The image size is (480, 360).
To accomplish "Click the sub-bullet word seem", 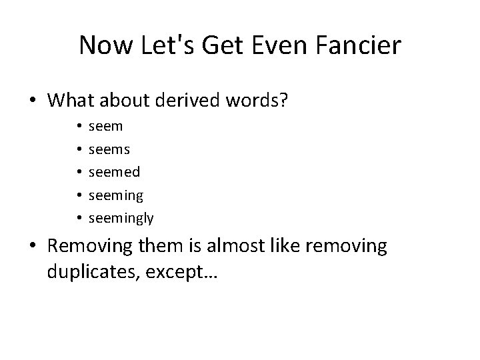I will coord(105,126).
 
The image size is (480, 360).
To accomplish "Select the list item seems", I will coord(108,149).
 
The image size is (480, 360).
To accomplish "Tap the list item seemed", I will coord(114,172).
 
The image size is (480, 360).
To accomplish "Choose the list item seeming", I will coord(115,195).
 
